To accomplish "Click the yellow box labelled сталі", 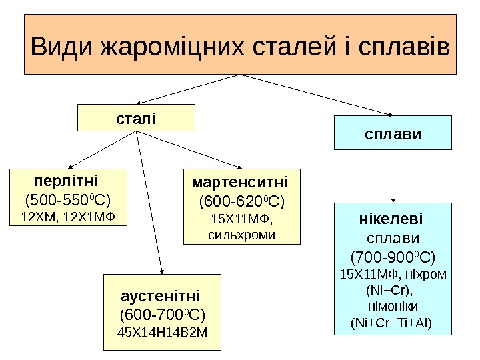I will (x=136, y=117).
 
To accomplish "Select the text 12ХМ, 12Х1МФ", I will (x=67, y=217).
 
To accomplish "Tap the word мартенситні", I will (x=241, y=182).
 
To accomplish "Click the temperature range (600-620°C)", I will (x=241, y=201).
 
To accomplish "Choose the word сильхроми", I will (x=241, y=235).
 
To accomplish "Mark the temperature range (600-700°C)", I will (x=162, y=314).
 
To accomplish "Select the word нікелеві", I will (x=391, y=219).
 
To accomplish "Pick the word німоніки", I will (x=392, y=307).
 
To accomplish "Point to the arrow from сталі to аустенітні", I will (x=149, y=200).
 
